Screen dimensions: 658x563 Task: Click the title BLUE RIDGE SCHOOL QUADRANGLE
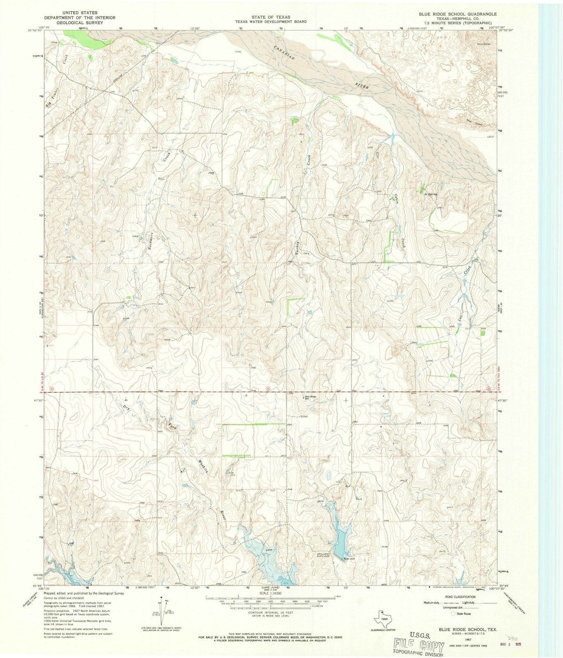[447, 14]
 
